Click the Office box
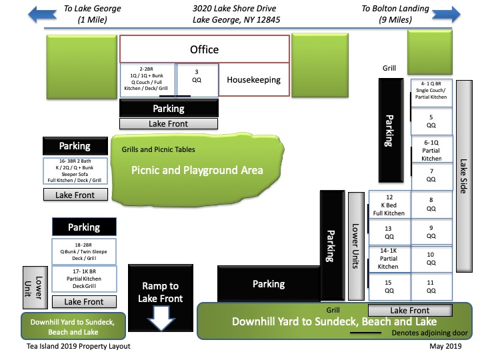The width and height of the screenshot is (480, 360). pos(205,49)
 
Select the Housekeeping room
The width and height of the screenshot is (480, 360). pos(254,79)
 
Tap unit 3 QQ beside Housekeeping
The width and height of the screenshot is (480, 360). pos(197,80)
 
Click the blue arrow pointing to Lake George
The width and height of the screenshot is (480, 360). pos(42,14)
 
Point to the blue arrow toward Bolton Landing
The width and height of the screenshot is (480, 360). pos(446,14)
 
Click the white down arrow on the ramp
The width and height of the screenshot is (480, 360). pos(161,318)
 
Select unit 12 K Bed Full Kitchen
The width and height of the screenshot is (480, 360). pos(389,205)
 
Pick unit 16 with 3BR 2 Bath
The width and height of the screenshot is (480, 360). pos(75,171)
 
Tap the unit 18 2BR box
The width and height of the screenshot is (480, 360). pos(83,251)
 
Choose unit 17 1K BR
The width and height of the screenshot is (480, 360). pos(84,279)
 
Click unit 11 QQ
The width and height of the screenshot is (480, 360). pos(431,287)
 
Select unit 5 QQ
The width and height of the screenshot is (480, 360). pos(431,121)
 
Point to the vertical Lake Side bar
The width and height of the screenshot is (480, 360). pos(464,176)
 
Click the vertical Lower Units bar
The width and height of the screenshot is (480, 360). pos(356,246)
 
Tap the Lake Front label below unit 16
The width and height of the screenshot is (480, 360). pos(75,195)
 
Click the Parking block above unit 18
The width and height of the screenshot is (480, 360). pos(84,227)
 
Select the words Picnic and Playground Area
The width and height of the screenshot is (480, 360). pos(197,170)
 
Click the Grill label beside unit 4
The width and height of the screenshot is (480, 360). pos(389,68)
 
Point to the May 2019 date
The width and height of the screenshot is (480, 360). pos(445,346)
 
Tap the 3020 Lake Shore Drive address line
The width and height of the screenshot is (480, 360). pos(235,8)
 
